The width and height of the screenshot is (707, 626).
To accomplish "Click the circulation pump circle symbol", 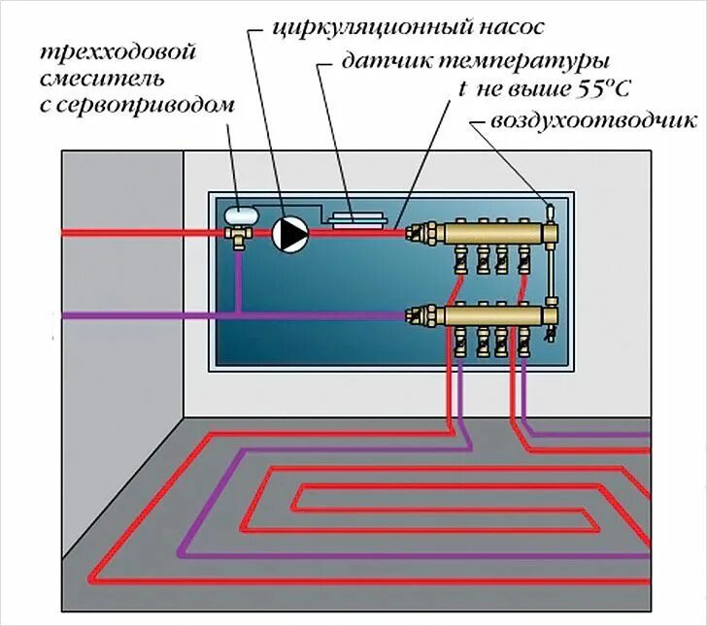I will click(x=288, y=234).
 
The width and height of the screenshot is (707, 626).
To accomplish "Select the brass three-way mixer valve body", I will click(x=238, y=233).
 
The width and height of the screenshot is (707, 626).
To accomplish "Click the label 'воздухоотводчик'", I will click(x=593, y=121).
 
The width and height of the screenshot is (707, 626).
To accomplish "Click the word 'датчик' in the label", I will click(x=379, y=60).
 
